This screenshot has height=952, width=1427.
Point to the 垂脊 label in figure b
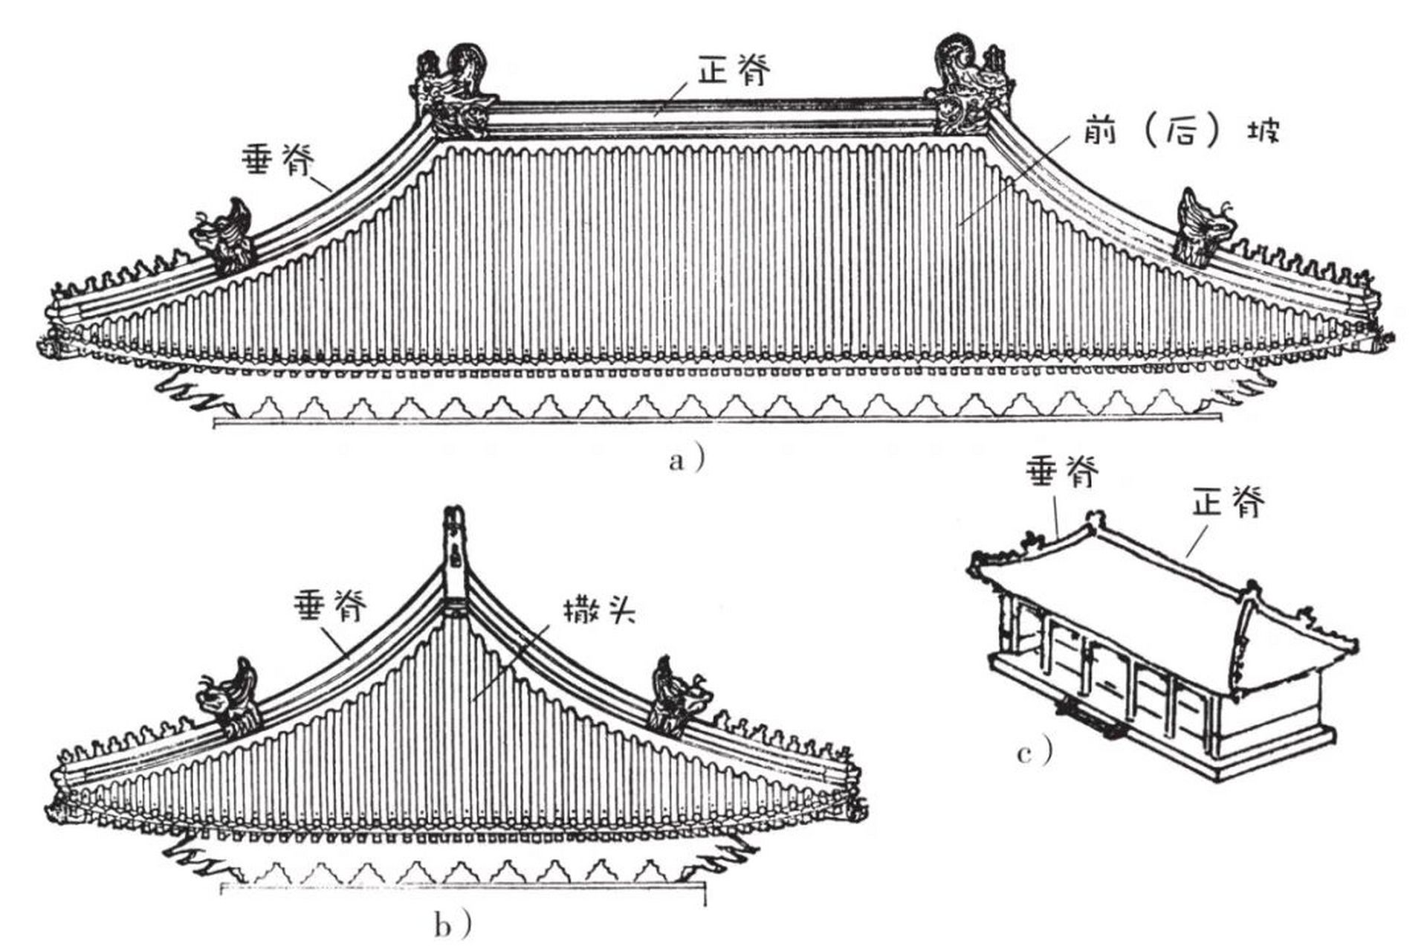click(331, 607)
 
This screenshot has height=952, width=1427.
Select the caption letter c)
click(1033, 753)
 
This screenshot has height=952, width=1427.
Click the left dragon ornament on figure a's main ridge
click(452, 93)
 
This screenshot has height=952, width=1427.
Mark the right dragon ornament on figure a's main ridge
click(966, 88)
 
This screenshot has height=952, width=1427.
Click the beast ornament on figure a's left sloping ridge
click(224, 237)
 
